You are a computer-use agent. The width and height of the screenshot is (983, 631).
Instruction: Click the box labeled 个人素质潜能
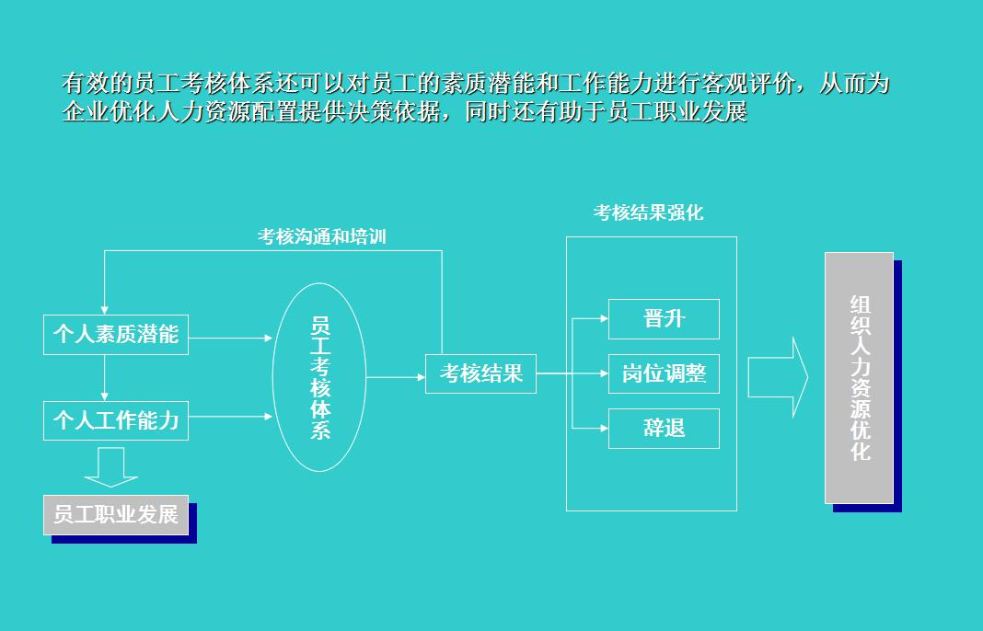[115, 334]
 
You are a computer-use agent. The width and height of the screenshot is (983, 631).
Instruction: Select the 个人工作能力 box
[115, 420]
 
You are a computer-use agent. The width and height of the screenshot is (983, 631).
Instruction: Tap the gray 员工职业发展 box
[115, 514]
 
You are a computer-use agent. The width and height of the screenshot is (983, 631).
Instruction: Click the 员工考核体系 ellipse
[319, 377]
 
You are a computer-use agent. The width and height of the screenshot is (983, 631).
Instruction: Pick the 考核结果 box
[480, 374]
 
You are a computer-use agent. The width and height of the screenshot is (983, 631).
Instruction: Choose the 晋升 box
[664, 319]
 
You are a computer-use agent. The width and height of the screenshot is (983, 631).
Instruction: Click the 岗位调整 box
[664, 374]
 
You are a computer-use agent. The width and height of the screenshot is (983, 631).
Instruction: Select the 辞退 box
[664, 429]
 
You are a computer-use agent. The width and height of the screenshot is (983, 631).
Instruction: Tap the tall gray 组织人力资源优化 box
[859, 377]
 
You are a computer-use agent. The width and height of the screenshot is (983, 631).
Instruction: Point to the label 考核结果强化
[648, 213]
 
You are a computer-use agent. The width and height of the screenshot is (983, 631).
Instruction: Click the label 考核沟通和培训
[321, 237]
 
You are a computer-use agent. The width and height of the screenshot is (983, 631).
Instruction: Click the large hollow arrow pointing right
[778, 377]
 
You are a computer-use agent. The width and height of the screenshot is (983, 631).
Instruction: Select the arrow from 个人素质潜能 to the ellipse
[230, 338]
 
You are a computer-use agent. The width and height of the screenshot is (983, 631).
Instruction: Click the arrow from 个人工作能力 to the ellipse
[230, 417]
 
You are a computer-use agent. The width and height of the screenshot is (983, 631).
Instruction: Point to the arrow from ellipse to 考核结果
[396, 377]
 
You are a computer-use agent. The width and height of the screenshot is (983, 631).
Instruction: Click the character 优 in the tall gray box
[860, 429]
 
